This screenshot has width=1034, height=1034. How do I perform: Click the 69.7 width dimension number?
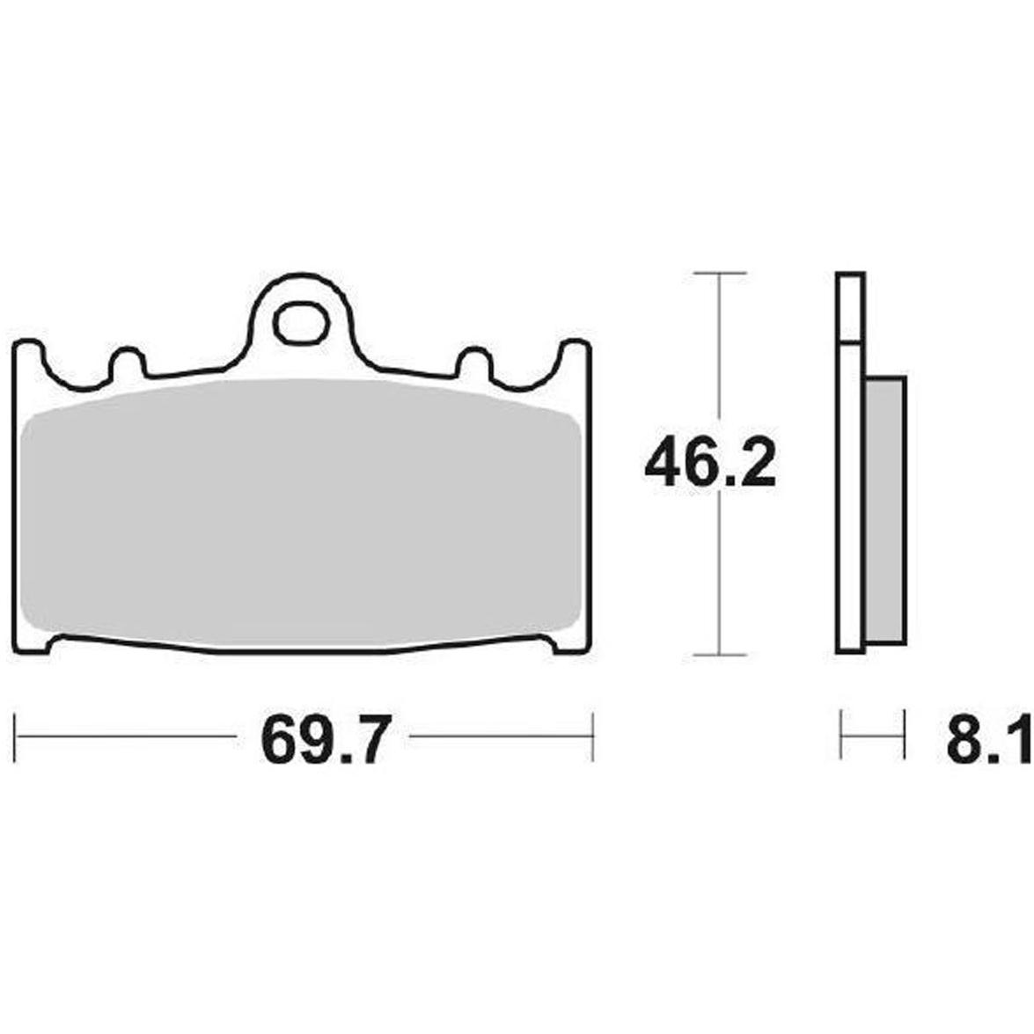point(322,738)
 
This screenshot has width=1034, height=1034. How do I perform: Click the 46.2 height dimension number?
point(710,464)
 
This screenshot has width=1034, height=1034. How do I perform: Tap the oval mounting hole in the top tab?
point(301,323)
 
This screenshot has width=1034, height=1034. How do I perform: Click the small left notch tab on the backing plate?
point(128,363)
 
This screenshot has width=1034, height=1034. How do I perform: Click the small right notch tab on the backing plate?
point(475,363)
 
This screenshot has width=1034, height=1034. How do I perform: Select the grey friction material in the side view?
point(885,510)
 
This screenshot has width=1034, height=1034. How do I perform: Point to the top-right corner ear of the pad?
point(575,353)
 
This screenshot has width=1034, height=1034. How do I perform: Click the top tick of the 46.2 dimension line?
point(720,272)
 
